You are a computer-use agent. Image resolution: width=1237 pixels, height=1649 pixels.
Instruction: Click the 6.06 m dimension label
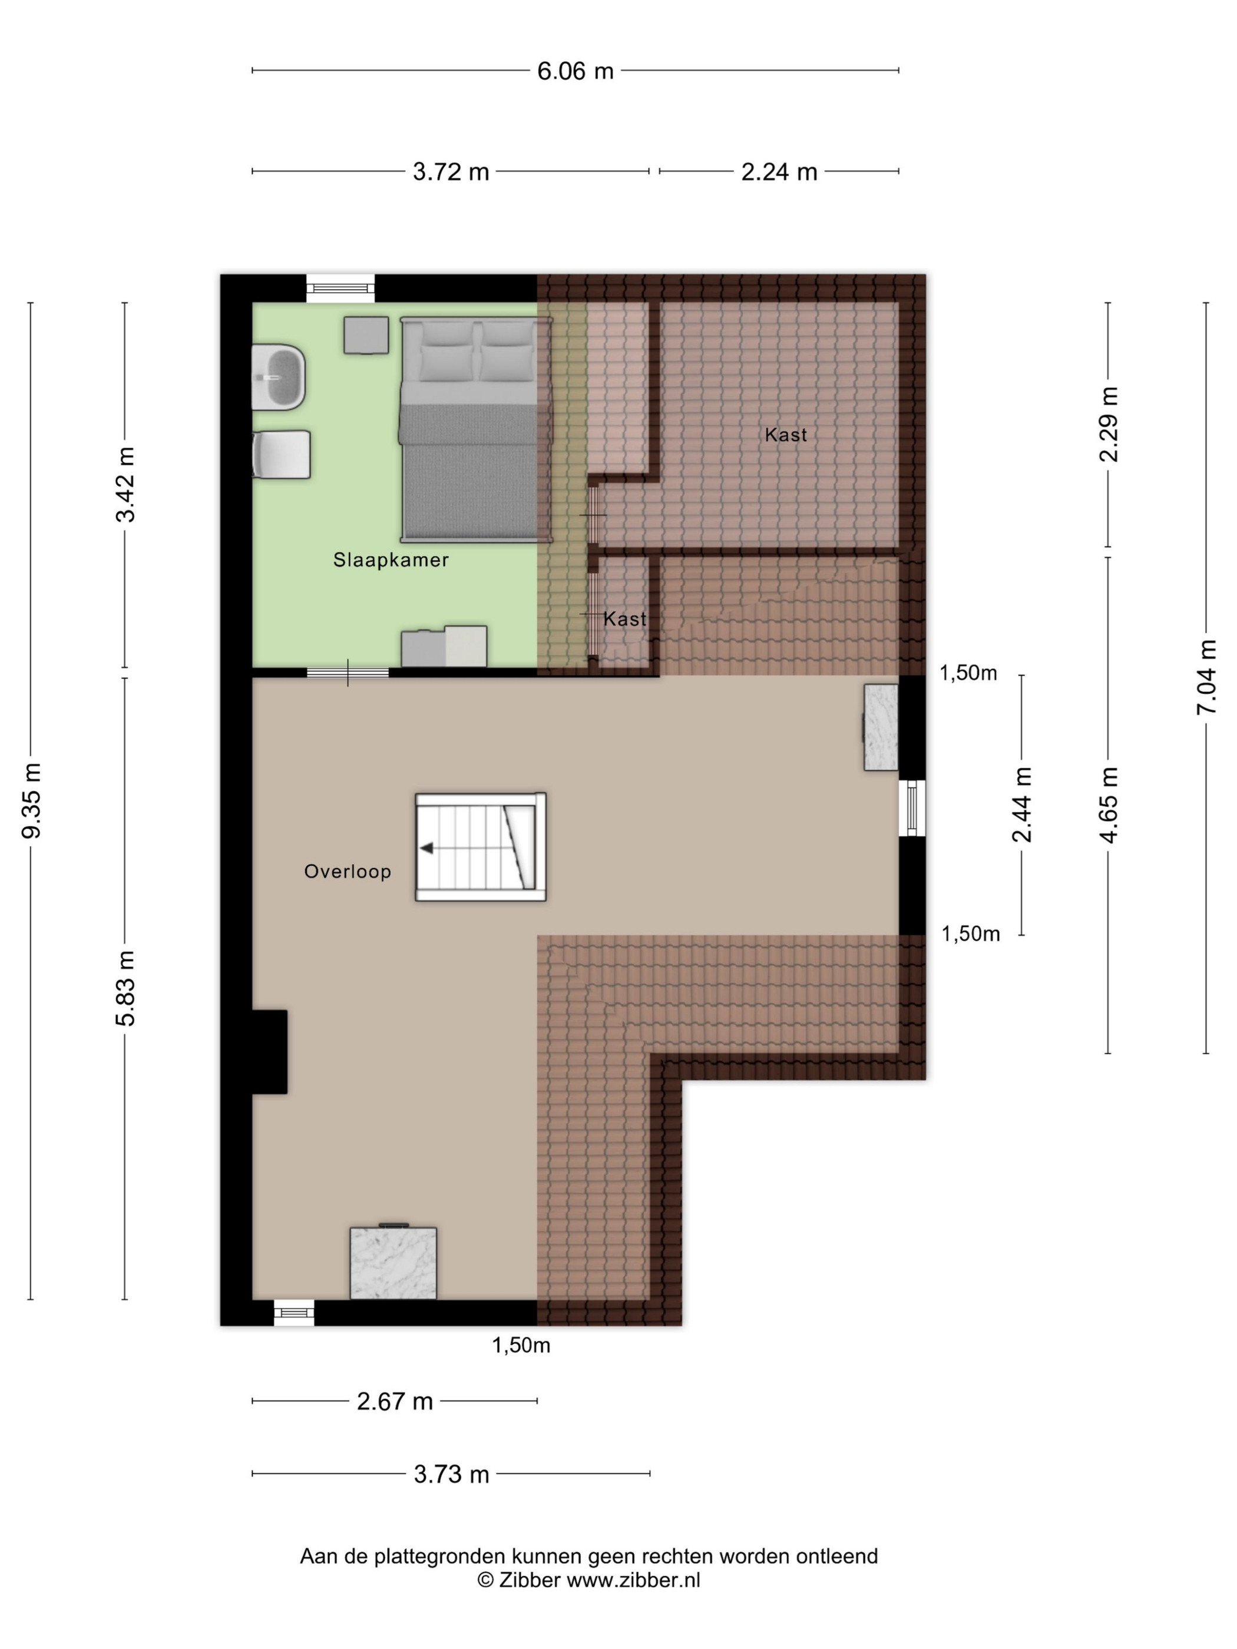[x=575, y=71]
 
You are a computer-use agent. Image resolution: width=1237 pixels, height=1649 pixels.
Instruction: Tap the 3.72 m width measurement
[x=451, y=171]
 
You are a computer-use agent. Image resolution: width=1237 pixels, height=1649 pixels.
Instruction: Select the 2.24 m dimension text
[x=779, y=171]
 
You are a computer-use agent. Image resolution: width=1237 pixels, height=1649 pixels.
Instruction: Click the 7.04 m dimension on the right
[x=1206, y=677]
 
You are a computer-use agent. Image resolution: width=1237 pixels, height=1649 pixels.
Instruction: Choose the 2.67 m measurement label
[x=395, y=1402]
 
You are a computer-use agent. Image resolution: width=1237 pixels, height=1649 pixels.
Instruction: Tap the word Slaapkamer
[x=391, y=560]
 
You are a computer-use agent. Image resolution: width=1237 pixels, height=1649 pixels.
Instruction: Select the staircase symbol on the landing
[x=480, y=846]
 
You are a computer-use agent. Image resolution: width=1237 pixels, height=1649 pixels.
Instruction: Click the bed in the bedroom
[x=476, y=429]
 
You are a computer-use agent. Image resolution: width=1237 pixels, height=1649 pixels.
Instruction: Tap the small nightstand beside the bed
[x=366, y=335]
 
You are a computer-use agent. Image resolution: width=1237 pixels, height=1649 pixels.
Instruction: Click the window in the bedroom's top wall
[x=340, y=289]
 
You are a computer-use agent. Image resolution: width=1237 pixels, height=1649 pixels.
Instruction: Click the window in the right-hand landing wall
[x=912, y=808]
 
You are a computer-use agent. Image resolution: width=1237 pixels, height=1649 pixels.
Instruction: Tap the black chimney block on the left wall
[x=269, y=1052]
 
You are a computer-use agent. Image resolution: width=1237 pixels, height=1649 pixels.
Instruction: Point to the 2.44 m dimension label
[x=1021, y=804]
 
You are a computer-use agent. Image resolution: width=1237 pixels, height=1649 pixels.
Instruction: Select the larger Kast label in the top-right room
[x=786, y=435]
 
